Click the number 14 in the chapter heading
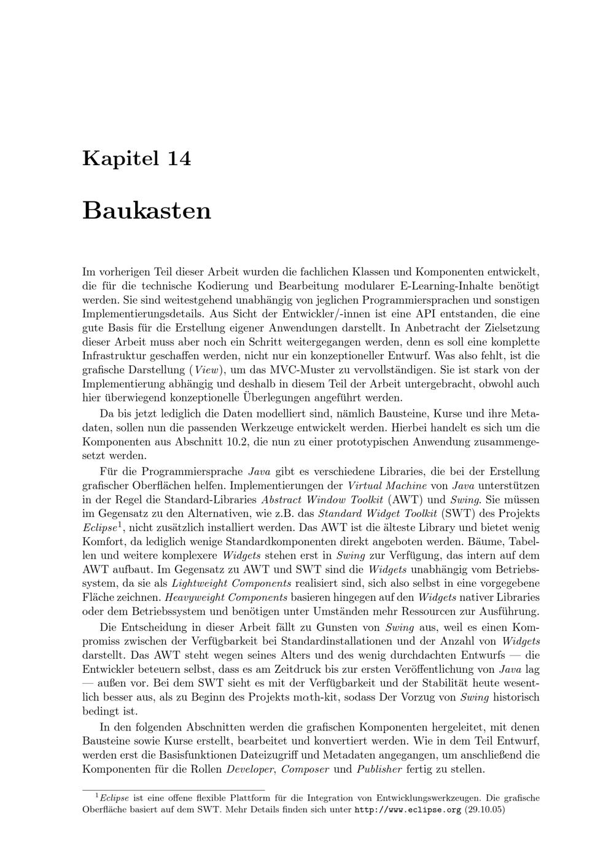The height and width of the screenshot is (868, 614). (178, 158)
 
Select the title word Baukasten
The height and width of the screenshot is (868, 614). (147, 211)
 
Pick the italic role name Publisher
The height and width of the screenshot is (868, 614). (379, 769)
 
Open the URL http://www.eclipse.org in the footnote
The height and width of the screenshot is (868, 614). (408, 810)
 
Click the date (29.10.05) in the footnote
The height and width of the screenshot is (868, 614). (484, 810)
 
